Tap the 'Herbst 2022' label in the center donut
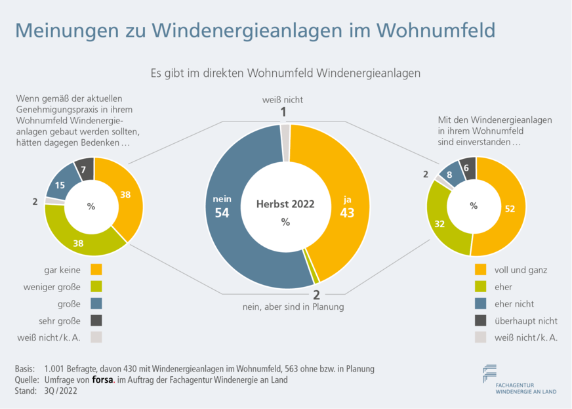click(285, 204)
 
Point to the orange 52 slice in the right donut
click(508, 209)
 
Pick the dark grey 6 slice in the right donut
click(468, 169)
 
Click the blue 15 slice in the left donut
click(60, 185)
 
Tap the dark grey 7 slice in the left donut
click(84, 169)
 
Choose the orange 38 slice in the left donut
click(126, 195)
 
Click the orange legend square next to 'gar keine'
click(96, 269)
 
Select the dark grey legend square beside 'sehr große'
click(96, 320)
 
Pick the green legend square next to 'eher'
click(481, 287)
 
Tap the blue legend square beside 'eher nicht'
click(481, 304)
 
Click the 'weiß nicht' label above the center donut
click(283, 100)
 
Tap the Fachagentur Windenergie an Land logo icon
click(489, 373)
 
